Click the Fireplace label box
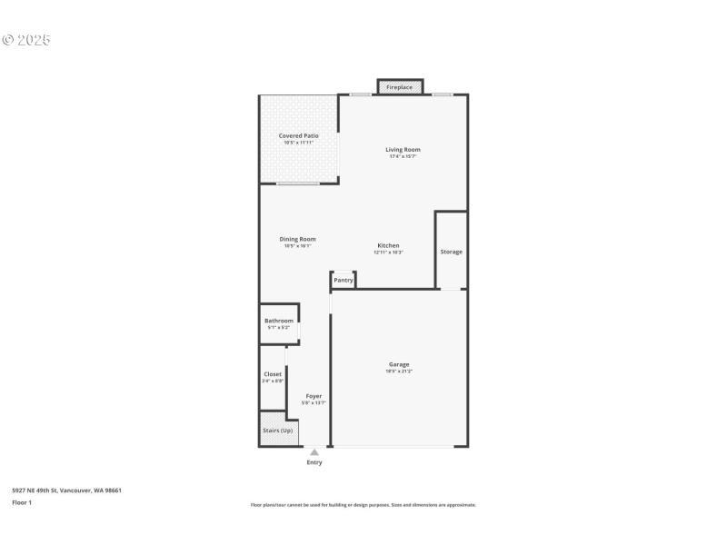pos(400,87)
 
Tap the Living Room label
pos(403,150)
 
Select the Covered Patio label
pos(298,135)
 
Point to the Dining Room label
pos(297,239)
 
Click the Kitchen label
pos(388,245)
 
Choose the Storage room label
pos(451,252)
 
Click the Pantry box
pos(344,280)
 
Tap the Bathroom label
pos(279,321)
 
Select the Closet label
pos(273,374)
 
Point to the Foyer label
pos(314,396)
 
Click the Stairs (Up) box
pos(278,431)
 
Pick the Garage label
pos(399,364)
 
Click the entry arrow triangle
pos(314,451)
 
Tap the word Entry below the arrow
pos(314,462)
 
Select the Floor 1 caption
pos(22,502)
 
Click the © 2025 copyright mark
pos(26,40)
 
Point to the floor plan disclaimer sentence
pos(363,505)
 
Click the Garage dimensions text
pos(399,371)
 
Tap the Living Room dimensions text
pos(403,156)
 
